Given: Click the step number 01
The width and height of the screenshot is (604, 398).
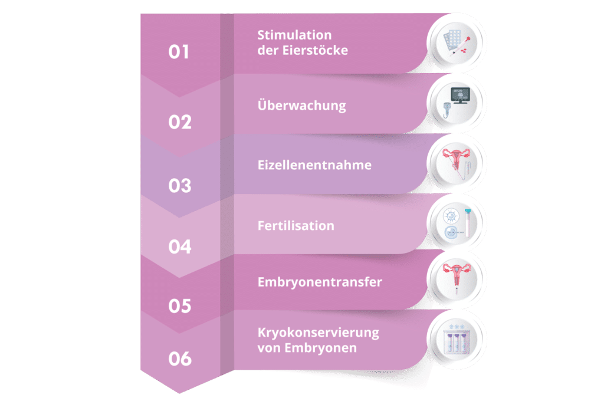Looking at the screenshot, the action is [x=179, y=52].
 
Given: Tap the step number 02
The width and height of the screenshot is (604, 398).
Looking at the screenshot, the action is [x=180, y=122].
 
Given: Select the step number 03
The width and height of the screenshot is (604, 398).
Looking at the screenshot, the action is [x=180, y=186].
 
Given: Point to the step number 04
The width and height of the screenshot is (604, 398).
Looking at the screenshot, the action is [x=180, y=246].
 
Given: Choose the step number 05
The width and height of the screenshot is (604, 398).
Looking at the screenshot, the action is [x=180, y=306].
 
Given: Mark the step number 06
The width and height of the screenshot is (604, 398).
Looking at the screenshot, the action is [x=180, y=358].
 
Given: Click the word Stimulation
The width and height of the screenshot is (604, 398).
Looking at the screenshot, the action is [x=294, y=35].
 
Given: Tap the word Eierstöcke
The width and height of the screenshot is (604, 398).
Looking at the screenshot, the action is [x=315, y=50].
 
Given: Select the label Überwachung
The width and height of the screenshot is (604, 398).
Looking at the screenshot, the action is [x=301, y=105].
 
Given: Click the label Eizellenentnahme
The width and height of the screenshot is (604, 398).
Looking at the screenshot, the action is [x=314, y=165].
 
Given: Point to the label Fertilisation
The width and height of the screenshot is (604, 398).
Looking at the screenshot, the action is [x=296, y=226].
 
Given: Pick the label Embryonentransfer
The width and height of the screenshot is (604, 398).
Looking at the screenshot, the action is [x=320, y=282].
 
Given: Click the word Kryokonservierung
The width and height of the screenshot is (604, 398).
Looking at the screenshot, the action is [x=318, y=333].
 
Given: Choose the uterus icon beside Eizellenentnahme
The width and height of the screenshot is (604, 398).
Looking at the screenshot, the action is [x=457, y=163].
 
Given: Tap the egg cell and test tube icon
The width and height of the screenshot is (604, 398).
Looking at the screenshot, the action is [x=457, y=225].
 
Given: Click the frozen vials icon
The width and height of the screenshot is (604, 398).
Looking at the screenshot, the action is [x=457, y=338].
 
